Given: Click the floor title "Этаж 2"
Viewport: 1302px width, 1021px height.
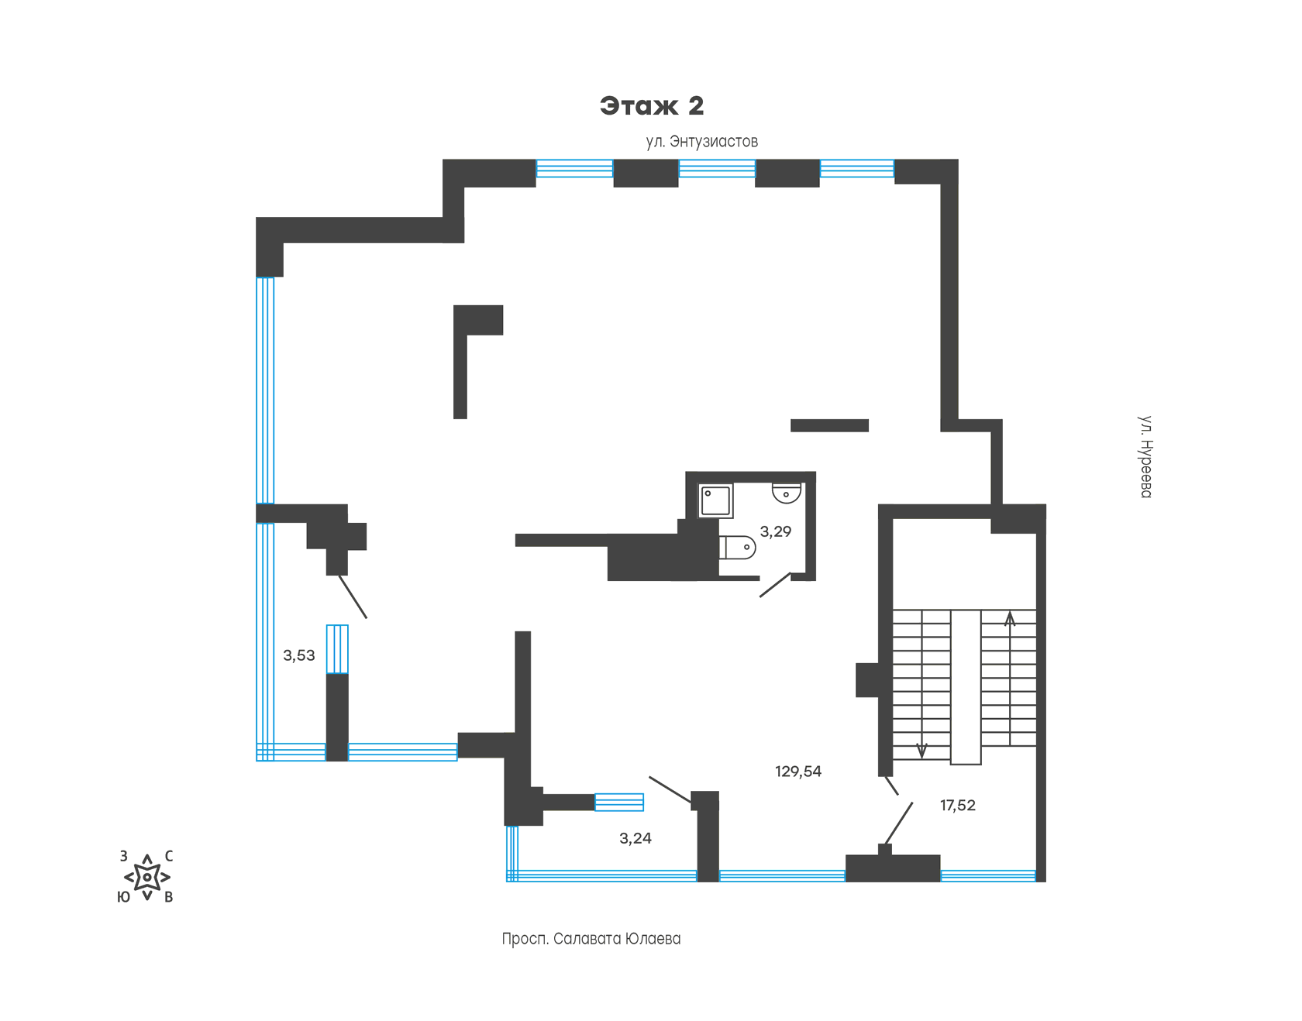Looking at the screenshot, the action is coord(652,106).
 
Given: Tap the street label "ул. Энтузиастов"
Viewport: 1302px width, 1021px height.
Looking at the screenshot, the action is coord(702,142).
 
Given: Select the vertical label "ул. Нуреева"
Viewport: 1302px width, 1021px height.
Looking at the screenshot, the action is coord(1145,457).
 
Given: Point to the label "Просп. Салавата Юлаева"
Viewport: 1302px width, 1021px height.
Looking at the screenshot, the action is coord(591,939).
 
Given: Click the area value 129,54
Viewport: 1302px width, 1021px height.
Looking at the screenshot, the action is coord(798,772).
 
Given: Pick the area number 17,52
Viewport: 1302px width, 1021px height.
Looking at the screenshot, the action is coord(958,806).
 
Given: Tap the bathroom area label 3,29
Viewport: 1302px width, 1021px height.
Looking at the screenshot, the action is coord(776,531).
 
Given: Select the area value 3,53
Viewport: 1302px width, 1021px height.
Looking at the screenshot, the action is coord(299,655).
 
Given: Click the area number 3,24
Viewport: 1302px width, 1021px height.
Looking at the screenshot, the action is coord(635,838).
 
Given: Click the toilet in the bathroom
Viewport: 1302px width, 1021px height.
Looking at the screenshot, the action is coord(737,548).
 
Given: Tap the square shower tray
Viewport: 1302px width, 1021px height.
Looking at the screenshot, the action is coord(715,501).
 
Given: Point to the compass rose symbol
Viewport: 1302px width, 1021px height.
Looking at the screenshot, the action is coord(147,877).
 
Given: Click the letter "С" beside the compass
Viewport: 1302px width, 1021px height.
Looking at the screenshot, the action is coord(169,856).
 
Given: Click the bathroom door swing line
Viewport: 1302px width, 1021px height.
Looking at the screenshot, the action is coord(775,585).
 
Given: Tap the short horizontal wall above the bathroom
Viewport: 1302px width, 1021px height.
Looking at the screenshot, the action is coord(829,425).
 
